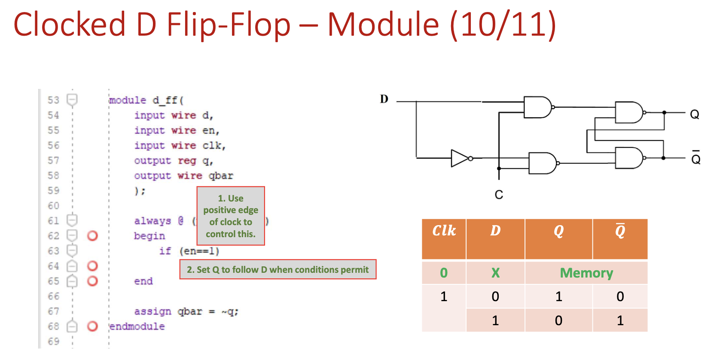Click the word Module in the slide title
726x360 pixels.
(x=383, y=24)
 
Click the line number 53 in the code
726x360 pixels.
(x=53, y=100)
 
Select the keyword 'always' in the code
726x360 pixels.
(x=153, y=221)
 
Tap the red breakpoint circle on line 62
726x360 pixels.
(x=92, y=236)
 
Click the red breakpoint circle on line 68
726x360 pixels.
(x=92, y=326)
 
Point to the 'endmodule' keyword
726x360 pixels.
(x=137, y=326)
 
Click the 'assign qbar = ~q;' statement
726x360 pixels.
(x=186, y=311)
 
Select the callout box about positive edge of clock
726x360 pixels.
(x=231, y=216)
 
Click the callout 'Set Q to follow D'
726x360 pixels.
(x=278, y=270)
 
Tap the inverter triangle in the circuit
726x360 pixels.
(x=460, y=159)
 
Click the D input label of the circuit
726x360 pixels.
(x=384, y=99)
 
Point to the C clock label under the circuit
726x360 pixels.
(x=499, y=195)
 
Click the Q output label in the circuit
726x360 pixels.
(x=694, y=114)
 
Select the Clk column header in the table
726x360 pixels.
(x=444, y=231)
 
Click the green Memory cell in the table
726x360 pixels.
(x=586, y=273)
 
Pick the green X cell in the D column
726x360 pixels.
(x=495, y=273)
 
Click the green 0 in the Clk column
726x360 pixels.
(x=444, y=273)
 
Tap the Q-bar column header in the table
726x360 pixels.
(x=620, y=231)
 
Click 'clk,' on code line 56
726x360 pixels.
(x=214, y=146)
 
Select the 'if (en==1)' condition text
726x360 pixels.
(x=189, y=251)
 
